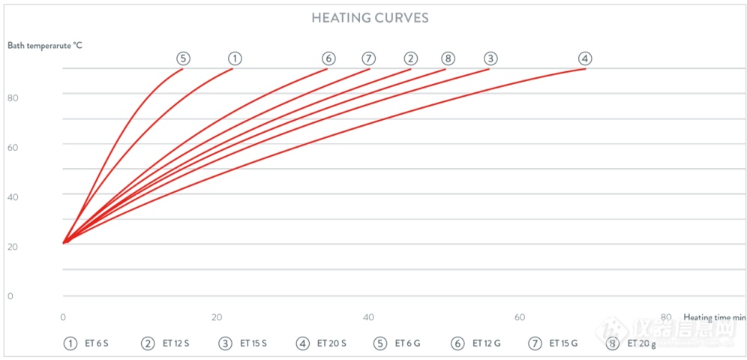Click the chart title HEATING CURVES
[370, 18]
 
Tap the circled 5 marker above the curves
[184, 58]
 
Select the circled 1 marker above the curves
[235, 58]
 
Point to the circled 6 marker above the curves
[328, 58]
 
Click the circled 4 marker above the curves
[585, 58]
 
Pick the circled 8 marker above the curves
[447, 58]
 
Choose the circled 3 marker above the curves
[490, 58]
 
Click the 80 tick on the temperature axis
[13, 97]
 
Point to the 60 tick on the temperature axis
[13, 148]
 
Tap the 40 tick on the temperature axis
[13, 196]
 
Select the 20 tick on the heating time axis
[217, 317]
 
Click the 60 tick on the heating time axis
[520, 317]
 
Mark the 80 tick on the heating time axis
[666, 317]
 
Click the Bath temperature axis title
[45, 46]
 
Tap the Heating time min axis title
[715, 317]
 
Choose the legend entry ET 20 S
[317, 343]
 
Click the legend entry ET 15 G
[553, 343]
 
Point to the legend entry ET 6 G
[397, 343]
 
